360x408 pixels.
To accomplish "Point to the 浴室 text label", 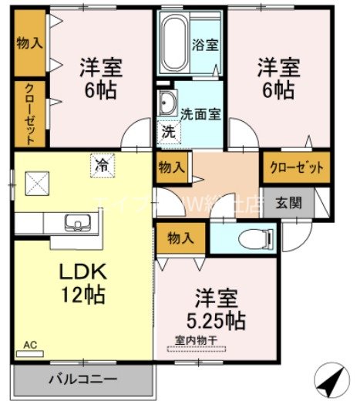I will [x=205, y=45].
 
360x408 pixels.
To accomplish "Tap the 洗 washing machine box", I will [x=166, y=131].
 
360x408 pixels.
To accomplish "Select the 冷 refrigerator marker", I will [x=100, y=164].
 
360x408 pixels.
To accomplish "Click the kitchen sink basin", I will [x=76, y=223].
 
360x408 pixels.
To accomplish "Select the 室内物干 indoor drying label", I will [x=196, y=339].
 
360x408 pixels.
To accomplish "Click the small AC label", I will [x=30, y=344].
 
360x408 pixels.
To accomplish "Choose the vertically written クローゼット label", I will [x=29, y=113].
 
